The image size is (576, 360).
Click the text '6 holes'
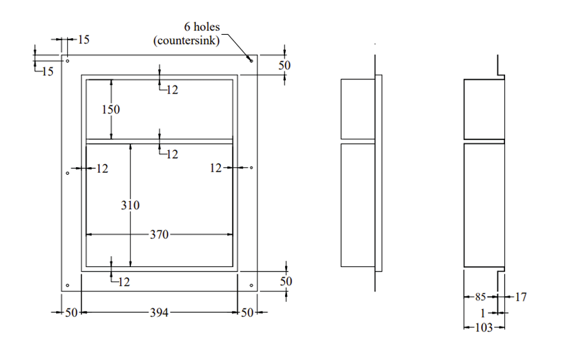click(202, 27)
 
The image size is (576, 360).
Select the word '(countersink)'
click(187, 40)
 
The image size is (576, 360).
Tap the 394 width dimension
click(159, 312)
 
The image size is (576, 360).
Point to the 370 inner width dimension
click(159, 235)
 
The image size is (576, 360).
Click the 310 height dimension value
click(130, 205)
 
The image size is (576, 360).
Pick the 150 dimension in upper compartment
click(111, 110)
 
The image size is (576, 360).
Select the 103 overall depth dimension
click(483, 328)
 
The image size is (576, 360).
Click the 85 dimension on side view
click(481, 297)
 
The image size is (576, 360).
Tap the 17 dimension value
click(521, 297)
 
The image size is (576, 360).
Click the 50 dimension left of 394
click(71, 312)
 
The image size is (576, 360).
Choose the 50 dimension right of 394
click(247, 312)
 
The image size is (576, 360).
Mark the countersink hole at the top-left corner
click(67, 61)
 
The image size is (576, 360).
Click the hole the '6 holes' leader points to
click(252, 61)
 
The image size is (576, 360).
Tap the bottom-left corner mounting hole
click(67, 285)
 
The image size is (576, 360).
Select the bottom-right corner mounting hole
click(252, 285)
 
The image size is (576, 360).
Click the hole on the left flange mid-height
click(67, 173)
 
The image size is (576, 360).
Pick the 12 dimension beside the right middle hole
click(217, 168)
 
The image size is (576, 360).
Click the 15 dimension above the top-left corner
click(83, 40)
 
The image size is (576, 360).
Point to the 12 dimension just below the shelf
click(172, 154)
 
